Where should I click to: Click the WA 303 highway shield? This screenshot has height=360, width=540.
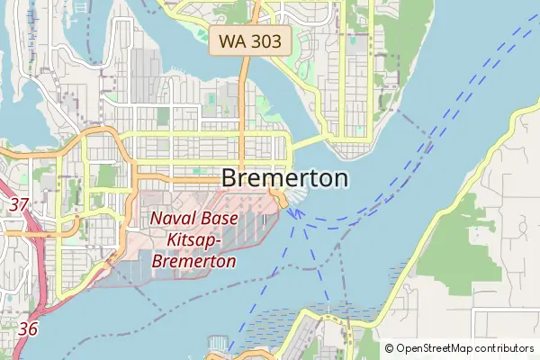click(x=250, y=40)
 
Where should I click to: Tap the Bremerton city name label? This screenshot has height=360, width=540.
click(x=284, y=178)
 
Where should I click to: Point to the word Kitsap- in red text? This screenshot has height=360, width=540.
click(x=194, y=240)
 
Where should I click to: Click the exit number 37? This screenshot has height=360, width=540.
click(x=19, y=204)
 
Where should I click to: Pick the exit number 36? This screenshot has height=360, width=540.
click(x=28, y=329)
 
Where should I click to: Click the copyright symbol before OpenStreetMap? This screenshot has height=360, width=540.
click(x=390, y=348)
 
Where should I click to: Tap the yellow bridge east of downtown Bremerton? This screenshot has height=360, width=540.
click(x=306, y=142)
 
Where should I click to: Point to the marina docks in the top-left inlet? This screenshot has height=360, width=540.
click(x=36, y=18)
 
